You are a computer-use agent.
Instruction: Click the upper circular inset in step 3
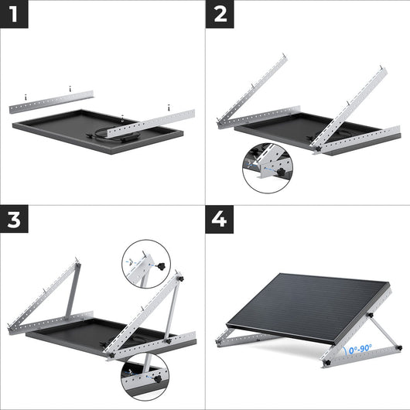(x=144, y=263)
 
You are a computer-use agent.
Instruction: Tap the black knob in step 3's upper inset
(x=161, y=267)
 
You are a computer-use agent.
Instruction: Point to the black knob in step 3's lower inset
(x=157, y=378)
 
